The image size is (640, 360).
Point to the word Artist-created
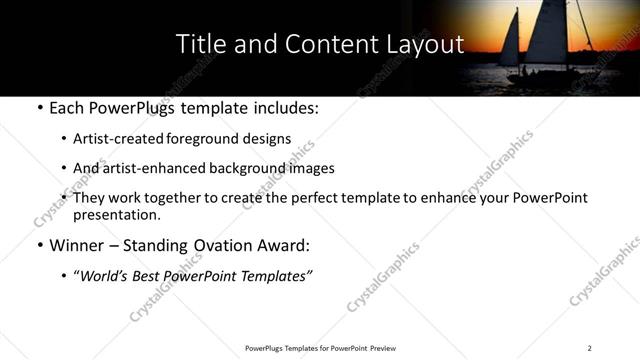tap(113, 138)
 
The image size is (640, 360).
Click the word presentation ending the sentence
tap(116, 215)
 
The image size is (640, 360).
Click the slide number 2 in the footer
tap(589, 348)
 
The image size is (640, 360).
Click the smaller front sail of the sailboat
tap(510, 40)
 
